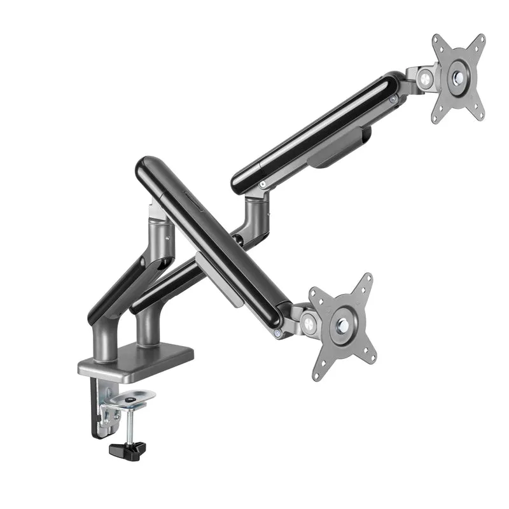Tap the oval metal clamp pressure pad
tap(132, 399)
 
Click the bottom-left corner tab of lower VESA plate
tap(318, 372)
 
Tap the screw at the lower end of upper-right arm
tap(262, 184)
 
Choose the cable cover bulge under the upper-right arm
tap(337, 153)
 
